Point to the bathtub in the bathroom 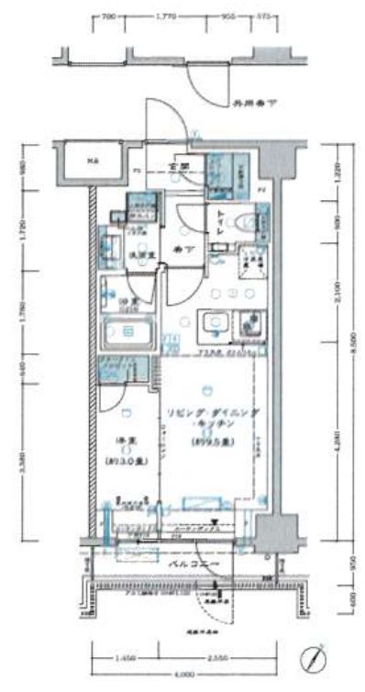click(x=127, y=330)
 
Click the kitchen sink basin click(x=216, y=325)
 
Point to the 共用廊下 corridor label click(x=251, y=105)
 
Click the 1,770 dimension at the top click(x=166, y=16)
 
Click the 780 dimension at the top click(x=111, y=16)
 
